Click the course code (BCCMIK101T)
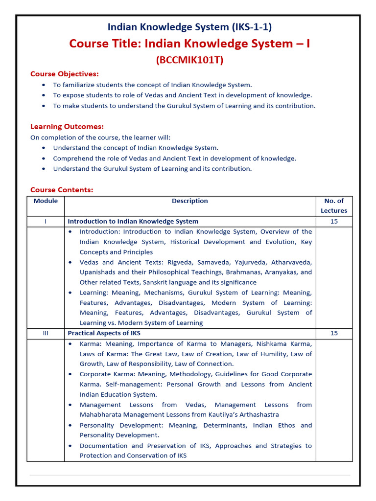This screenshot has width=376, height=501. pyautogui.click(x=189, y=60)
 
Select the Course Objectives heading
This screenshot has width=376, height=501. pyautogui.click(x=65, y=74)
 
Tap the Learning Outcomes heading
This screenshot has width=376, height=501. pyautogui.click(x=67, y=126)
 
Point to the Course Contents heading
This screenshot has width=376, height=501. pyautogui.click(x=62, y=190)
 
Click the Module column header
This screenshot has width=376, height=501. pyautogui.click(x=46, y=201)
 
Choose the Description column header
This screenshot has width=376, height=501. pyautogui.click(x=189, y=201)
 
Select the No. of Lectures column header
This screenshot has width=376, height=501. pyautogui.click(x=334, y=205)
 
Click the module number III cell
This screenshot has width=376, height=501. pyautogui.click(x=46, y=333)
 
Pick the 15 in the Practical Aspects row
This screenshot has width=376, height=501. pyautogui.click(x=334, y=333)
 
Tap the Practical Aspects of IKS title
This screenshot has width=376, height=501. pyautogui.click(x=104, y=333)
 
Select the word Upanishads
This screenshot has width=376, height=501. pyautogui.click(x=96, y=272)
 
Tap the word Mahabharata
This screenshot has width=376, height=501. pyautogui.click(x=100, y=414)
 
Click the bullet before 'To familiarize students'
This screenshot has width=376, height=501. pyautogui.click(x=44, y=85)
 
